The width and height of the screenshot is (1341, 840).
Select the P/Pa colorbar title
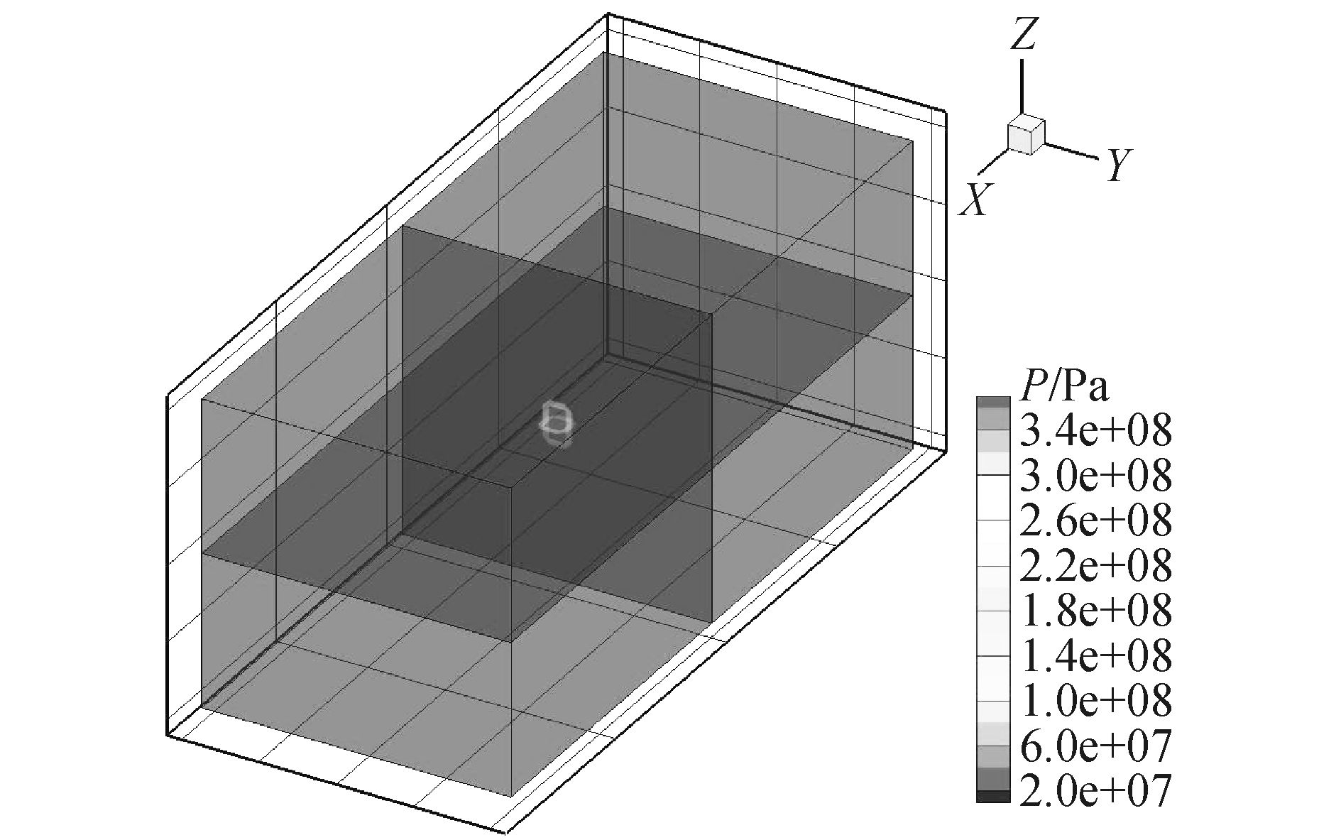[x=1063, y=388]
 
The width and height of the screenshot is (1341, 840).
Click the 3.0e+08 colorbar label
[x=1095, y=475]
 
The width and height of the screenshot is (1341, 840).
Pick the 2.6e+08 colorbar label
[x=1095, y=520]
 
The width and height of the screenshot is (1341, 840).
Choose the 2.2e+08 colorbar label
[x=1095, y=566]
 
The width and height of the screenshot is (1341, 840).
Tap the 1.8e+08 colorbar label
[x=1095, y=611]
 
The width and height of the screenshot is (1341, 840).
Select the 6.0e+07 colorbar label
[x=1095, y=746]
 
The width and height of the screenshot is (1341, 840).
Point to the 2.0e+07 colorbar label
[x=1095, y=790]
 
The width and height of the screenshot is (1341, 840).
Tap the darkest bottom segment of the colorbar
[x=992, y=797]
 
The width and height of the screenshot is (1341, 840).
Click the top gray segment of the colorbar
[x=992, y=402]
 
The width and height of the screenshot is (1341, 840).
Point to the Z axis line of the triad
[x=1022, y=85]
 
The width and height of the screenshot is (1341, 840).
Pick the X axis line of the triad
[x=992, y=162]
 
